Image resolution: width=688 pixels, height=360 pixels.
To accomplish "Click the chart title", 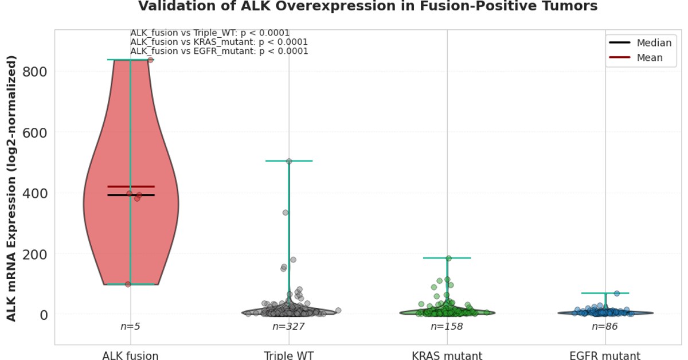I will coord(368,7).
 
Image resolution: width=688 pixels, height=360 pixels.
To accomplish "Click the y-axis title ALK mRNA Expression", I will coord(11,188).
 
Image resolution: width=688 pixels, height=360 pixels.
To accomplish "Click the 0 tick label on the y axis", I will coord(43,315).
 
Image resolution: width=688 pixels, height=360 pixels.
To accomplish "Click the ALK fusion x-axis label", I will coord(130,355).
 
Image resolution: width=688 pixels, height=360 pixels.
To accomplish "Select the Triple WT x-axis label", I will coord(288,355).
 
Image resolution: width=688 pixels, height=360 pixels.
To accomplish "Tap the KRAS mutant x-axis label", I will coord(447,355).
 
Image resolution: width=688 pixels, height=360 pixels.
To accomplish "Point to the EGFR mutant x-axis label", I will coord(605,355).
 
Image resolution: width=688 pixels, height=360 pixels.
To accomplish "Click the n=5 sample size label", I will coord(130,326).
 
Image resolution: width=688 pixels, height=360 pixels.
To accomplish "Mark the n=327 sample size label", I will coord(288,326).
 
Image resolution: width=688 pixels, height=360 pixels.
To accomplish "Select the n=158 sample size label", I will coord(447,326).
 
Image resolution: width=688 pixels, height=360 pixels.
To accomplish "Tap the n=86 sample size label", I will coord(605,326).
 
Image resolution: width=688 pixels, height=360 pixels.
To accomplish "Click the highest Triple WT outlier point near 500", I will coord(289,162).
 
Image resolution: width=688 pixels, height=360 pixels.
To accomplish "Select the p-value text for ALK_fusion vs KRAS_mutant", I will coord(219,42).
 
